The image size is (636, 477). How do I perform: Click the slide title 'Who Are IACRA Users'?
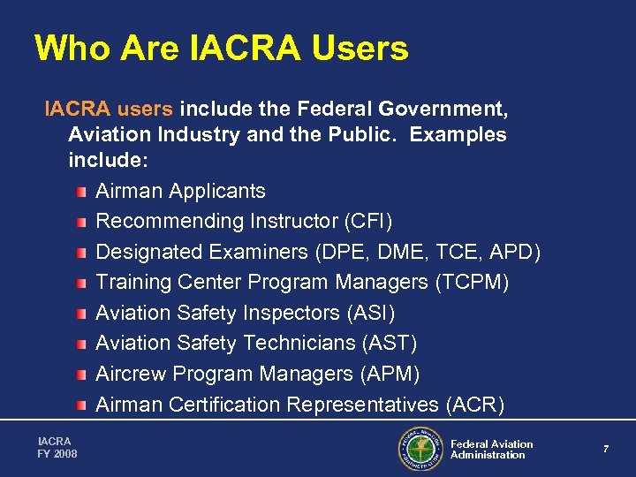[221, 49]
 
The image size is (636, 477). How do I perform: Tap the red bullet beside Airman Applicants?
[81, 192]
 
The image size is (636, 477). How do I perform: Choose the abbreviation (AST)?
[390, 343]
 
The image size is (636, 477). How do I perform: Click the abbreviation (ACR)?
[475, 405]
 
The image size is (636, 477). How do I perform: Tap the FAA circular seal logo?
[420, 450]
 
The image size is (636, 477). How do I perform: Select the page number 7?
[606, 450]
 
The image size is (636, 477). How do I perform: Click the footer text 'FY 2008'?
[57, 454]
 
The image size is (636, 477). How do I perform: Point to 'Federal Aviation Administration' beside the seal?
[491, 450]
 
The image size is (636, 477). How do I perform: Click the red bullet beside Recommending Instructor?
[81, 222]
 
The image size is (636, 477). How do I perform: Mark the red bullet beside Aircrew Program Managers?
[81, 375]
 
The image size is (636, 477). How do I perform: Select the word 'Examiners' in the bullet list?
[259, 252]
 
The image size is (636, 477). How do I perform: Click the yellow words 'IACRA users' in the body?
[109, 110]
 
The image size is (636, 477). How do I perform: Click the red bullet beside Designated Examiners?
[81, 253]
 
